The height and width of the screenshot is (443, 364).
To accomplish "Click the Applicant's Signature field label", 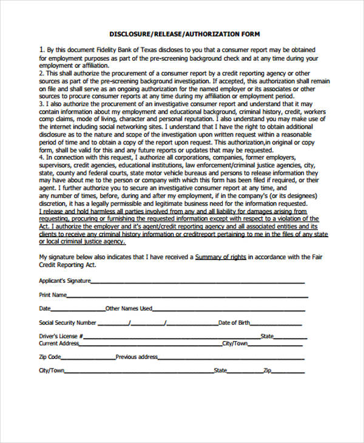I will pos(64,280).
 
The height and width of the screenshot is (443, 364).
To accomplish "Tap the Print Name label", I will pos(52,295).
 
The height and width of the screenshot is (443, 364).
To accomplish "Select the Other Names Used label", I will pos(129,309).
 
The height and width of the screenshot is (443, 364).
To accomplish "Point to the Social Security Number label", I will pos(67,323).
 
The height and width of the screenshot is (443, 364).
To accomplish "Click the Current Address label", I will pos(59,343).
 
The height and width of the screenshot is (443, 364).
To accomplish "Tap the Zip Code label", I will pos(50,357).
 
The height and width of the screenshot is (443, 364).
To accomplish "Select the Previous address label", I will pos(136,357).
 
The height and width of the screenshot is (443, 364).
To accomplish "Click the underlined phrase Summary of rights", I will pos(220,257).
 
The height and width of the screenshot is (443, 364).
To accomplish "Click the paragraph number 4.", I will pos(41,158).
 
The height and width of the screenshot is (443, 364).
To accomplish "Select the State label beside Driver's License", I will pos(267,336).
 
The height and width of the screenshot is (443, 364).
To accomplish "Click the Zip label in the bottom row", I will pos(267,370).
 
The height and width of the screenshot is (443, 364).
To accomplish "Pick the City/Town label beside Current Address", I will pos(235,343).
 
